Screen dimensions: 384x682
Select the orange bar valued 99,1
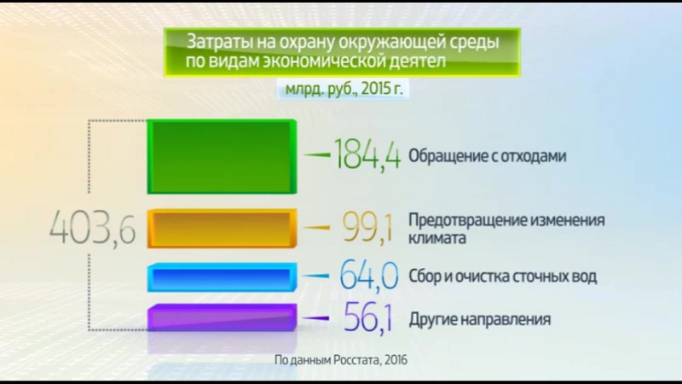(x=222, y=229)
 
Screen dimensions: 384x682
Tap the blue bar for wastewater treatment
(x=222, y=277)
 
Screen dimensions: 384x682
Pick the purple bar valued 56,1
(x=222, y=318)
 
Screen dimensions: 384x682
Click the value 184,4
(x=367, y=155)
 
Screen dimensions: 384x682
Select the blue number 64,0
(x=368, y=276)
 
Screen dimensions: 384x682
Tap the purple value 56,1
(x=367, y=319)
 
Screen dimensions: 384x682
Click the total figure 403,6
(x=92, y=229)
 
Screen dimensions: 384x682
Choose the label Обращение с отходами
(x=488, y=156)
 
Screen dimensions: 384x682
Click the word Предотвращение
(x=467, y=219)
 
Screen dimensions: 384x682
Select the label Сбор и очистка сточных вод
(x=502, y=276)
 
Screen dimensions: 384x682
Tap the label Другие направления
(x=479, y=319)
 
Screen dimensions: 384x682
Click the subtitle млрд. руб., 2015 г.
(x=338, y=89)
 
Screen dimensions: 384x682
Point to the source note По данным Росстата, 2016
(x=341, y=360)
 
